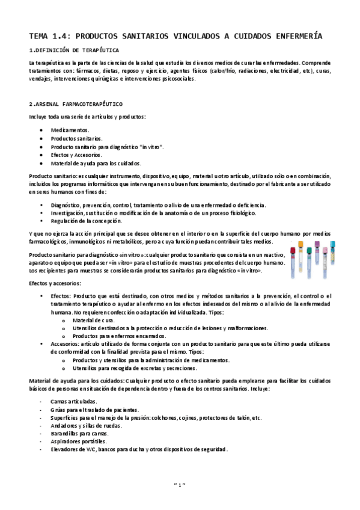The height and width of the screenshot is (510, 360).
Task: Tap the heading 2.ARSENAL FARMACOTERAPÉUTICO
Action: [x=75, y=103]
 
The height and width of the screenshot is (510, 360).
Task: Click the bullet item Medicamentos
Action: [x=70, y=130]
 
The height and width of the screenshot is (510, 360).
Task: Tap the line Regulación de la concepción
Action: [x=87, y=221]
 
